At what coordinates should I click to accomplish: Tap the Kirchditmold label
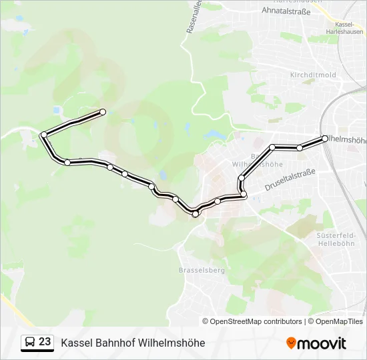pos(313,75)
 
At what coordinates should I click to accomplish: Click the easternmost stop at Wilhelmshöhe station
pos(325,139)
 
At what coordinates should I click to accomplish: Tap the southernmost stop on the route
pos(196,214)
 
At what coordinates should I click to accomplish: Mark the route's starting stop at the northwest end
pos(103,112)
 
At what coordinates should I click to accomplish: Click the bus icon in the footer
pos(29,343)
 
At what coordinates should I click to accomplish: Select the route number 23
pos(45,342)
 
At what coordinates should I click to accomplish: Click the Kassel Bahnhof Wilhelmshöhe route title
pos(133,343)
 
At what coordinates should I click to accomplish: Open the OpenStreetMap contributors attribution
pos(256,321)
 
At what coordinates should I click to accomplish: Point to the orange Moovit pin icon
pos(291,343)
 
